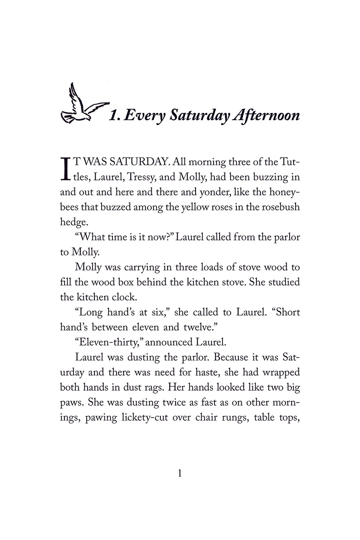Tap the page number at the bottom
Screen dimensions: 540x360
(x=180, y=474)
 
